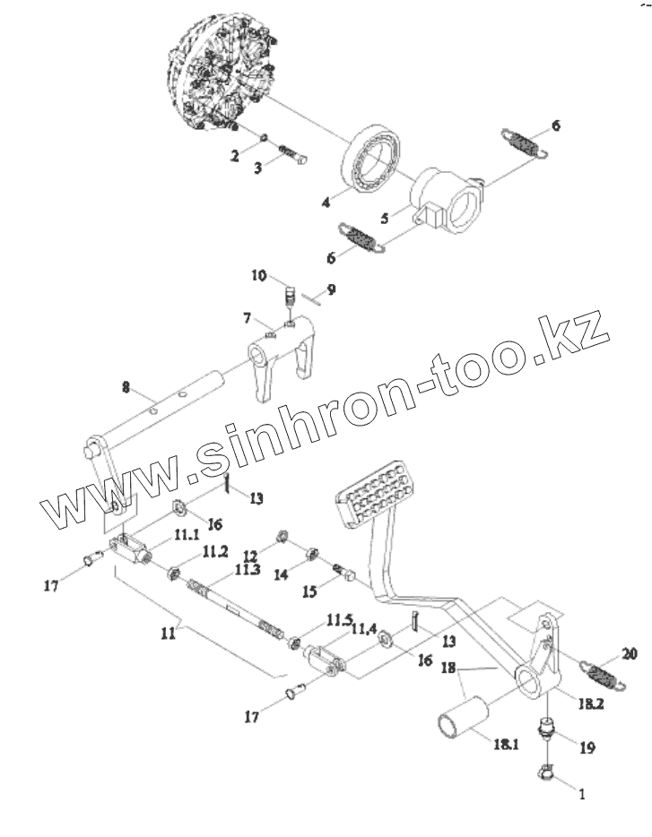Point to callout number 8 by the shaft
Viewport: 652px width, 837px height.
coord(126,387)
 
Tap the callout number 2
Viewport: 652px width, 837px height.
coord(235,156)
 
